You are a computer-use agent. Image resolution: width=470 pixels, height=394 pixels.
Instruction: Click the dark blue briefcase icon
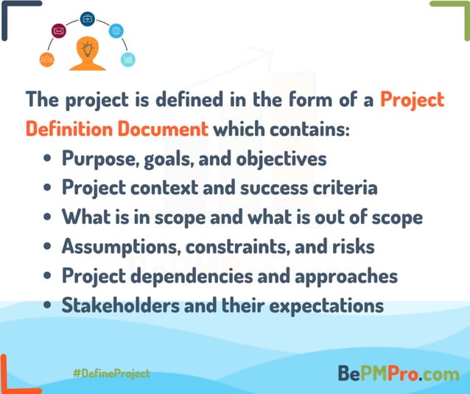coord(87,18)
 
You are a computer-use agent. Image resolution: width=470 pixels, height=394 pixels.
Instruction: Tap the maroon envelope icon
coord(59,31)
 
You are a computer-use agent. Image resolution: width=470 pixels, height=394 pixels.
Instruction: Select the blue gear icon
coord(116,31)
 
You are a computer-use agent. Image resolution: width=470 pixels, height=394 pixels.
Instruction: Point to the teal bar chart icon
coord(128,59)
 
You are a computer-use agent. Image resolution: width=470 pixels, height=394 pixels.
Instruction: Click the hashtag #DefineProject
coord(111,373)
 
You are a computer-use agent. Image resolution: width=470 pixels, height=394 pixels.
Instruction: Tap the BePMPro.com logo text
coord(398,373)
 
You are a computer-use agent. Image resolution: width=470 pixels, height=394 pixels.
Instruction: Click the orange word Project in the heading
coord(413,99)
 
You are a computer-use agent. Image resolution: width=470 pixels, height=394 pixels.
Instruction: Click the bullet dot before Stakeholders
coord(48,306)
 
